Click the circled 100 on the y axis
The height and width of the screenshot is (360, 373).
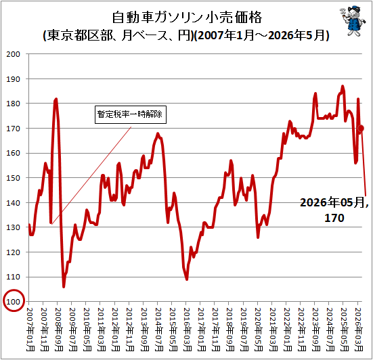click(14, 300)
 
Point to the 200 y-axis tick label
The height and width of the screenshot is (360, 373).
click(13, 54)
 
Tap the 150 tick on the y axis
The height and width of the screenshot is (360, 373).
click(13, 178)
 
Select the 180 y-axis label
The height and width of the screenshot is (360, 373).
click(13, 104)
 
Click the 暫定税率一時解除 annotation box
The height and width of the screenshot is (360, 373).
click(131, 114)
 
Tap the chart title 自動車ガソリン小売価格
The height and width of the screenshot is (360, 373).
click(187, 18)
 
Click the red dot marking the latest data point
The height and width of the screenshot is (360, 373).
click(361, 128)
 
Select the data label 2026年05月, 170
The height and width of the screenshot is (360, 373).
click(334, 210)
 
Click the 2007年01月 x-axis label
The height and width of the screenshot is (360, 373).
click(30, 330)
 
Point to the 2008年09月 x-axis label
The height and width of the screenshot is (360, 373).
click(59, 330)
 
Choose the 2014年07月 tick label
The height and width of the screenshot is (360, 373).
click(159, 330)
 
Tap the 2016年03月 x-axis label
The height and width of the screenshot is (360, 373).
click(188, 330)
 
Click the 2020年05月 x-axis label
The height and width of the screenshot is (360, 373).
click(259, 330)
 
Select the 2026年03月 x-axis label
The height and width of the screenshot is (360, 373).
click(359, 330)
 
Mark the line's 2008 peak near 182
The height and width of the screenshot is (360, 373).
click(56, 99)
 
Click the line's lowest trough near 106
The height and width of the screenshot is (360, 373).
click(64, 287)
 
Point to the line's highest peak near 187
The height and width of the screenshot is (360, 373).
click(343, 87)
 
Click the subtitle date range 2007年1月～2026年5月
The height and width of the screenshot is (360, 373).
click(262, 35)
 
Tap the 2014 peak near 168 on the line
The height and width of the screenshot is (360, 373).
click(158, 133)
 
